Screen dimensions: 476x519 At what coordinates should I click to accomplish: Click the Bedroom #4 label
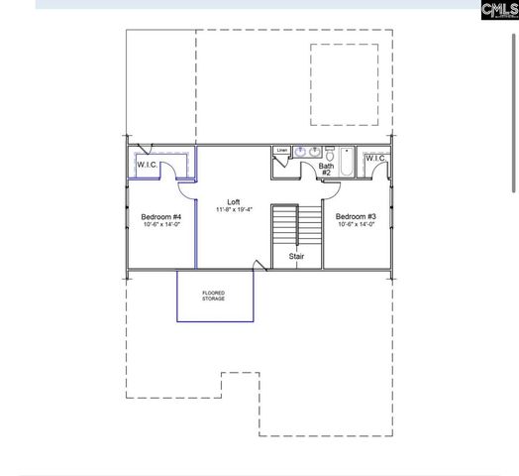(160, 216)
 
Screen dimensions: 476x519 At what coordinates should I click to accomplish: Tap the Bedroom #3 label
(356, 216)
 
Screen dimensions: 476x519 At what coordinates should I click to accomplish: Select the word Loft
(234, 201)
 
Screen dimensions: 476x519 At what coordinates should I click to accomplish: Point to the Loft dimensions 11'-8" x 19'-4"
(234, 209)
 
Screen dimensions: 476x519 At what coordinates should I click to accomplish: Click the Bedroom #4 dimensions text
(160, 225)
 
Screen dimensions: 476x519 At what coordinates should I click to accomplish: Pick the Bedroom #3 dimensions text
(356, 225)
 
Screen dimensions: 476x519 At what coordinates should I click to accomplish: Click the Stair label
(296, 256)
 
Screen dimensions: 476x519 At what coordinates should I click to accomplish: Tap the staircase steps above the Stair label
(285, 226)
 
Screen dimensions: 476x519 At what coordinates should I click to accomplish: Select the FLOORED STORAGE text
(214, 296)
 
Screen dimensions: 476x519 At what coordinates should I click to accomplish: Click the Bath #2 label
(326, 169)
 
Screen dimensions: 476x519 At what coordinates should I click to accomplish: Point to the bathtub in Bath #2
(346, 163)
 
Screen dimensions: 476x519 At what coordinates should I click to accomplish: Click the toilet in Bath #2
(328, 156)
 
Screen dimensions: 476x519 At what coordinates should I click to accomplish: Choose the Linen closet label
(282, 150)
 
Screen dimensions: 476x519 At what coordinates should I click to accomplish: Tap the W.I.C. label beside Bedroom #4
(148, 164)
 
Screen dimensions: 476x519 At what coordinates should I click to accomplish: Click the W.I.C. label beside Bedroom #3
(375, 159)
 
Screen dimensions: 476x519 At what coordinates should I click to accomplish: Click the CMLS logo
(499, 11)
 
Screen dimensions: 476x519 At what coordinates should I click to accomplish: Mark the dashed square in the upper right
(345, 85)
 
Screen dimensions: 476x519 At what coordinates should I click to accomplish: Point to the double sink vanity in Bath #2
(306, 153)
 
